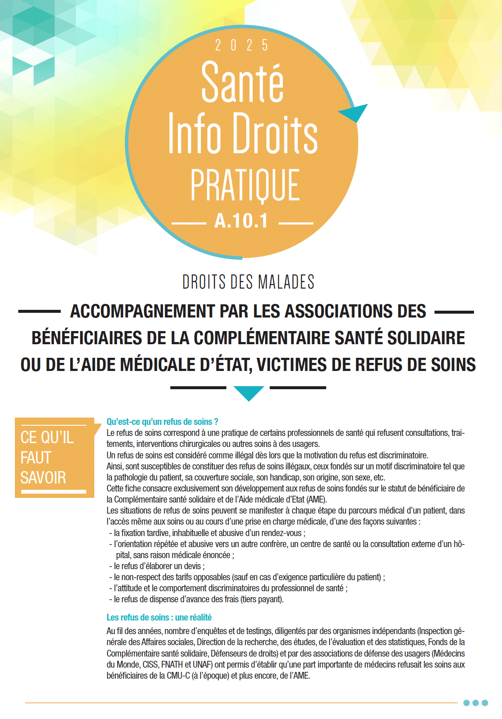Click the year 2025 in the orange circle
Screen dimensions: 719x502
click(x=242, y=45)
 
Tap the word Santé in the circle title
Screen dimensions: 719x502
click(x=242, y=83)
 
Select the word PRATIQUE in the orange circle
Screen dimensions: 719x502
click(x=245, y=185)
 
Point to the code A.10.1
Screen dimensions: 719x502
click(x=241, y=221)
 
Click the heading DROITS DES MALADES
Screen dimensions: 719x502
click(x=248, y=282)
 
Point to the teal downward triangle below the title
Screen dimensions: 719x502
click(x=249, y=392)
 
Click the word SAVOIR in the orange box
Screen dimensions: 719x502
click(x=43, y=478)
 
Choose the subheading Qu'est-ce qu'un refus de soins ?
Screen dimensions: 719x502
click(x=162, y=422)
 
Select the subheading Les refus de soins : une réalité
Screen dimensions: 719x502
click(x=159, y=618)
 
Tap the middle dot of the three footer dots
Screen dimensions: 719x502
click(x=476, y=703)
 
